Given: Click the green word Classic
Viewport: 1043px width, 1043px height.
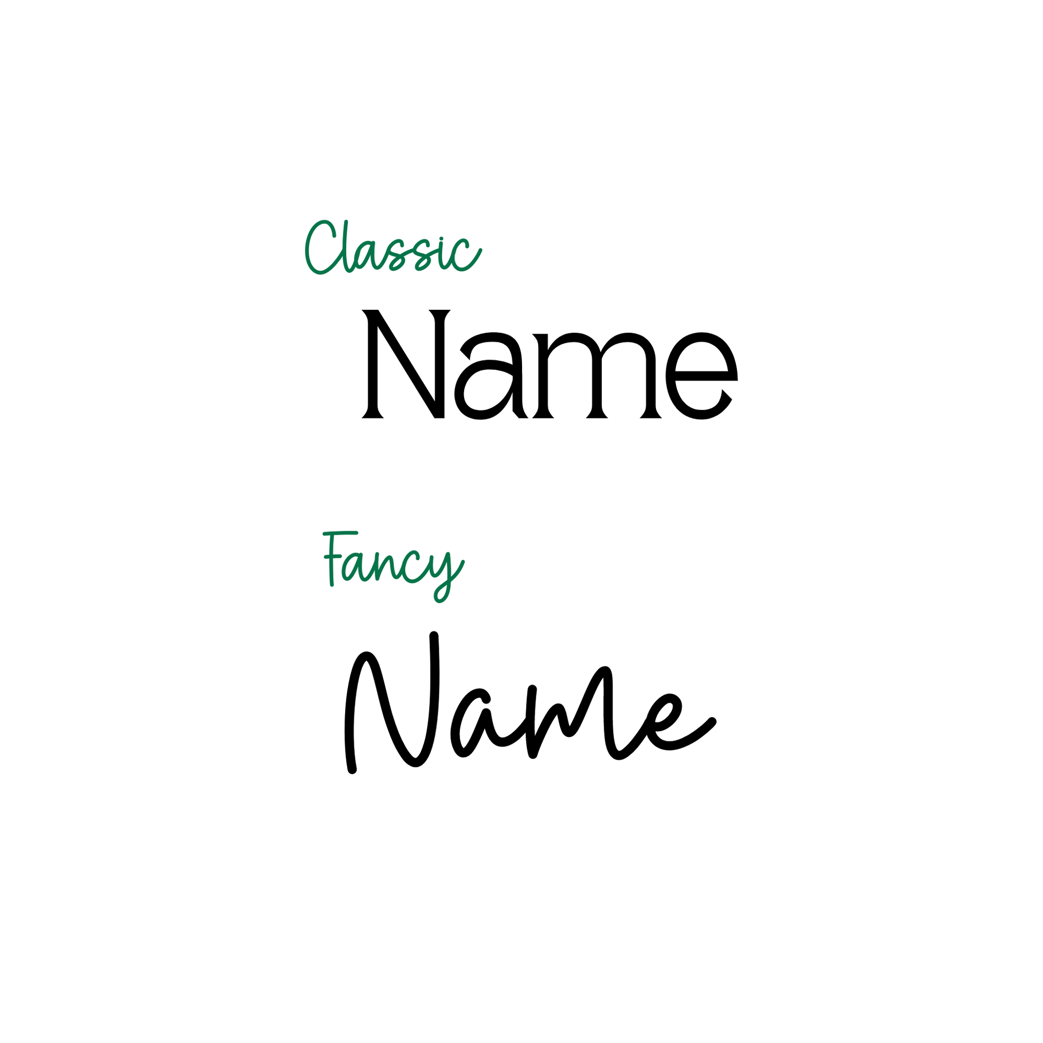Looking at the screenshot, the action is click(x=393, y=247).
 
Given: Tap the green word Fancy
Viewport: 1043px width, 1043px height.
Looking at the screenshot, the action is click(x=393, y=568).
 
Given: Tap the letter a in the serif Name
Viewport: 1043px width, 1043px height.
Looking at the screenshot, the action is click(x=491, y=376).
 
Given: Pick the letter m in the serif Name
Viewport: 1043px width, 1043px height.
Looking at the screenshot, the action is click(x=597, y=376).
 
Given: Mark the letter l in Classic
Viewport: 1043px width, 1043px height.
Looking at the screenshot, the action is click(x=348, y=245).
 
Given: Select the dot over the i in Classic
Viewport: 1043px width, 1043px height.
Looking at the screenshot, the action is click(x=441, y=239).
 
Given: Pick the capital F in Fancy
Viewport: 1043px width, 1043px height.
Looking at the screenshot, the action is click(x=339, y=558).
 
